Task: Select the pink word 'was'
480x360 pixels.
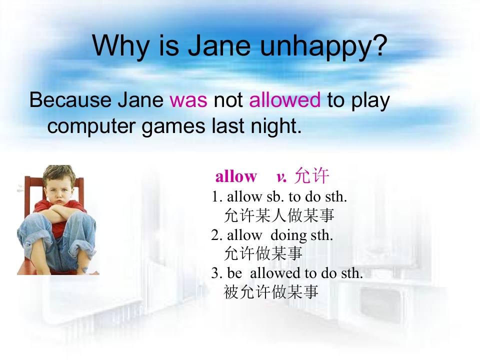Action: tap(188, 100)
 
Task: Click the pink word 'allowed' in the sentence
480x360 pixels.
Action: tap(284, 100)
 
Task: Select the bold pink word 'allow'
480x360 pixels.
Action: tap(236, 176)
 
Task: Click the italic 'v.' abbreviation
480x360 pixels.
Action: tap(281, 177)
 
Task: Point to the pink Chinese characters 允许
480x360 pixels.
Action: tap(311, 176)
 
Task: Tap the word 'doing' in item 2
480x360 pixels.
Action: tap(288, 235)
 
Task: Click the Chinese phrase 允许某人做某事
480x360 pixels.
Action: tap(279, 215)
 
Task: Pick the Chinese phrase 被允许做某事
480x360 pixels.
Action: tap(271, 292)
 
